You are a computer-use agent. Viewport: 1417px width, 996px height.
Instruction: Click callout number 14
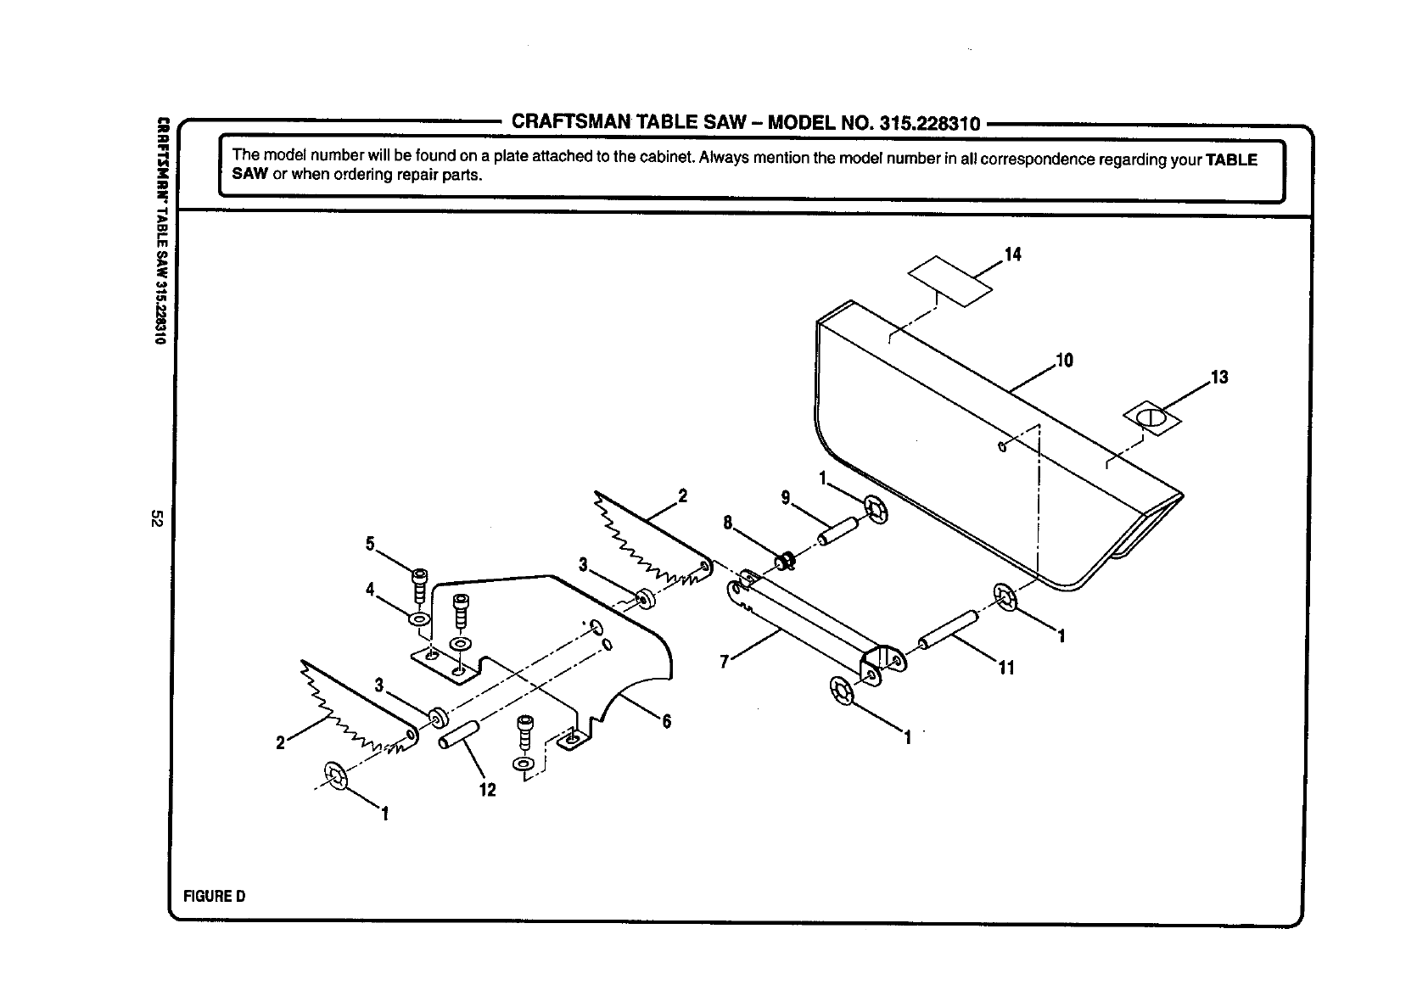[1012, 255]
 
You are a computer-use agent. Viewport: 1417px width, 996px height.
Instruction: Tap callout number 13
[1219, 378]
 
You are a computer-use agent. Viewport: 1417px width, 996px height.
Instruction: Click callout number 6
[667, 722]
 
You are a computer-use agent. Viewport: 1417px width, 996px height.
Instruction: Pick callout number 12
[488, 790]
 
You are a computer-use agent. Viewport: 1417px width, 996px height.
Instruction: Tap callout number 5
[370, 545]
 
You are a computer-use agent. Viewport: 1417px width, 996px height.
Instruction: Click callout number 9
[786, 498]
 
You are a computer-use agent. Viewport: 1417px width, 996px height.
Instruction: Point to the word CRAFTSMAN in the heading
[567, 122]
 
